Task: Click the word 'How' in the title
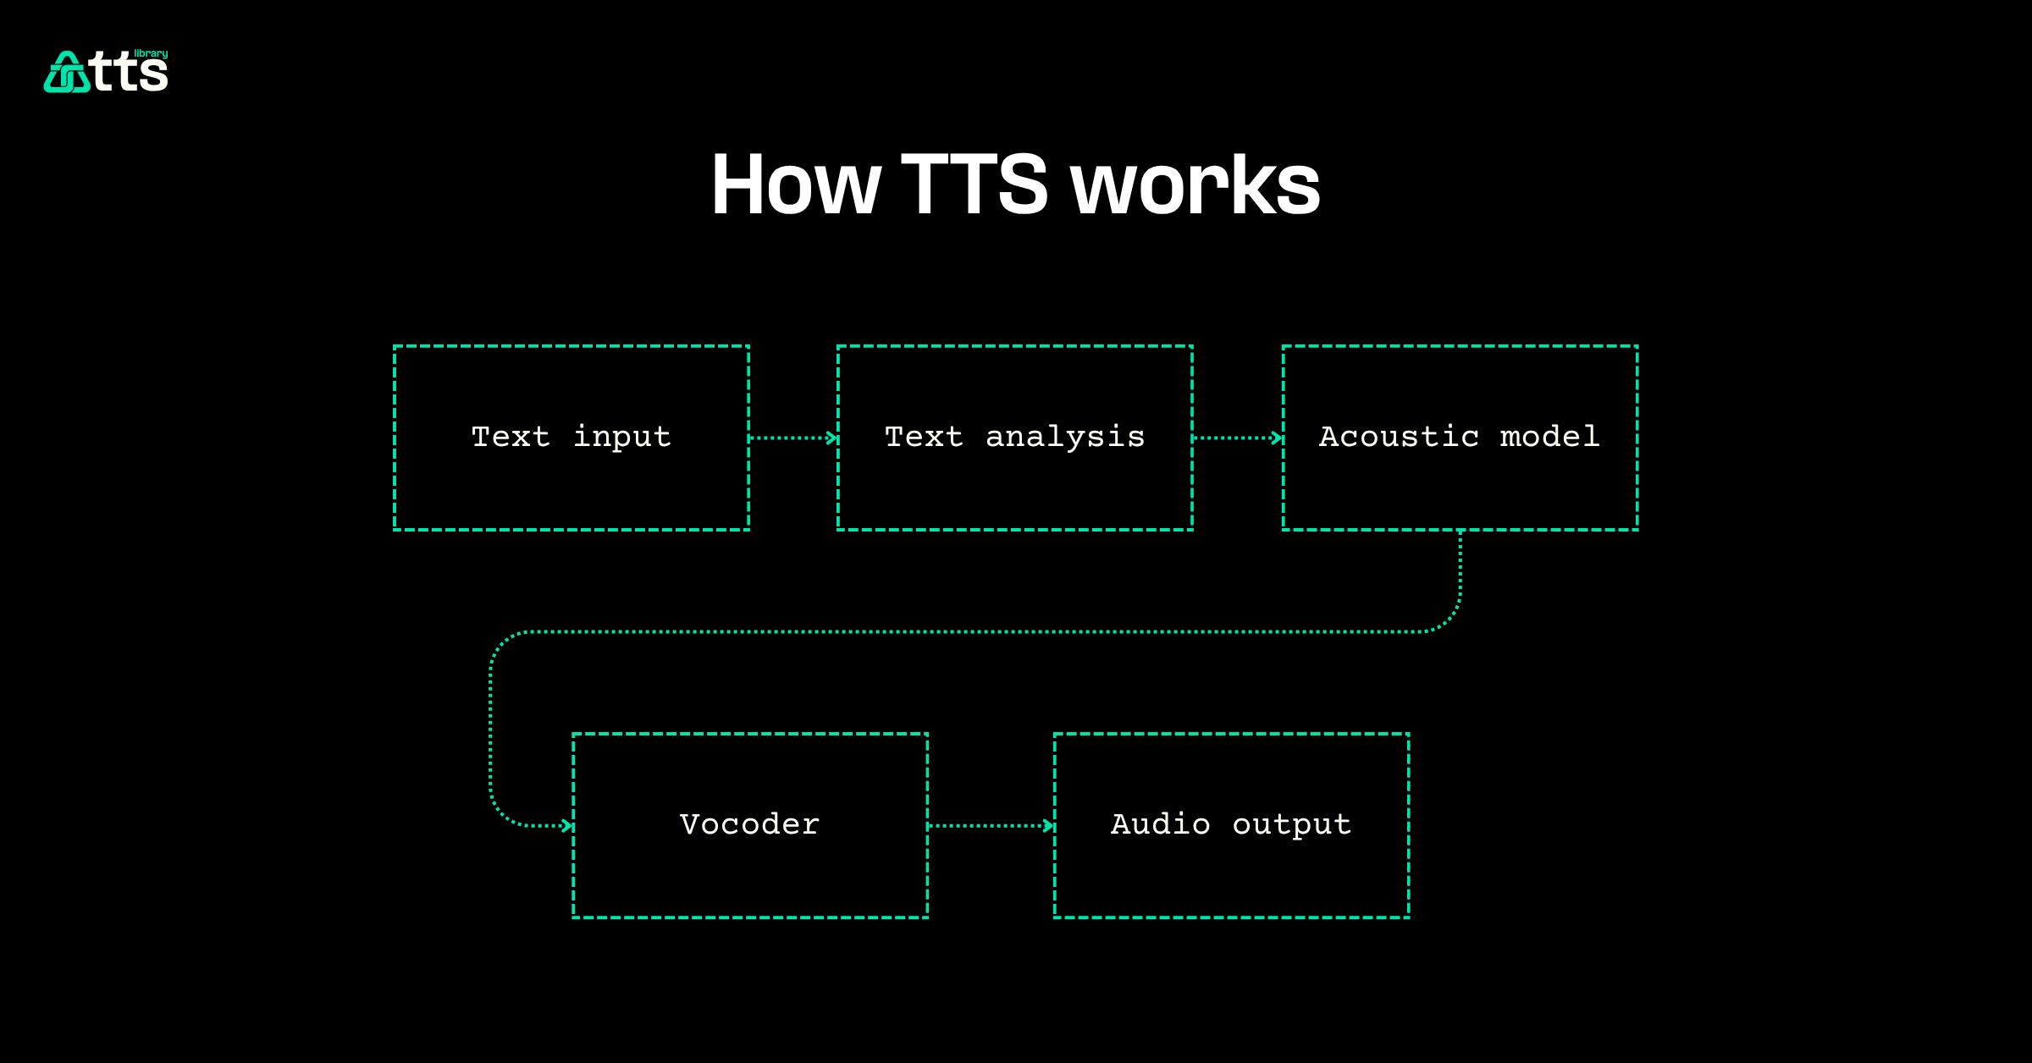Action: click(x=796, y=185)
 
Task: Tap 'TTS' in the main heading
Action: click(x=975, y=185)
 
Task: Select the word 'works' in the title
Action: click(x=1195, y=185)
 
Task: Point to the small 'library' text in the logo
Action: click(x=151, y=53)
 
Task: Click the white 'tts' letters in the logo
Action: click(x=130, y=73)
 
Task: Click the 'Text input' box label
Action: click(x=571, y=437)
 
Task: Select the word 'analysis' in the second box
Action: click(x=1065, y=437)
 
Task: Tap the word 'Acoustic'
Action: click(x=1399, y=437)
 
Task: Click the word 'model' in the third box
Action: click(x=1549, y=437)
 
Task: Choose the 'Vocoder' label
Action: click(x=749, y=824)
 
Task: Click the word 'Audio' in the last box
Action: click(x=1160, y=824)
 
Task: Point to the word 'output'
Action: click(x=1291, y=824)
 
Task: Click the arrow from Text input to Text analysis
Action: click(x=793, y=438)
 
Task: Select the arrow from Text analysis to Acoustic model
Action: click(x=1237, y=438)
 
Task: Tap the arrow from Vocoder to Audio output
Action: click(x=991, y=825)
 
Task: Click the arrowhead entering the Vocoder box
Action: click(x=567, y=825)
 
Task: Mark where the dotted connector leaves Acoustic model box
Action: click(x=1460, y=535)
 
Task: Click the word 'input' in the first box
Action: click(x=622, y=437)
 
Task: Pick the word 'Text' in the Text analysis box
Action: click(x=924, y=437)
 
